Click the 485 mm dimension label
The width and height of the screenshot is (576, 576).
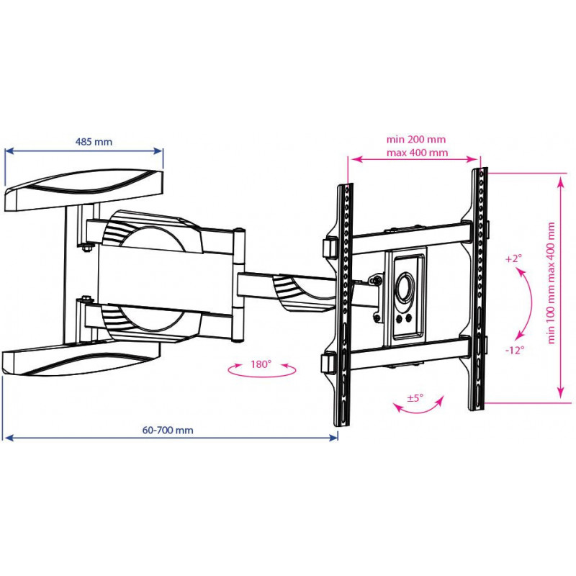click(x=94, y=142)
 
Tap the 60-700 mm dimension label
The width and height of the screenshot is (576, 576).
click(x=168, y=430)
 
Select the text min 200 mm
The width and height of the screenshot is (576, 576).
click(x=416, y=140)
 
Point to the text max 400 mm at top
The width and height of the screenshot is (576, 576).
click(x=418, y=153)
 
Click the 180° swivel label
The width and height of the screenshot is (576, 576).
click(x=261, y=364)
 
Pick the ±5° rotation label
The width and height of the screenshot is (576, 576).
click(x=415, y=398)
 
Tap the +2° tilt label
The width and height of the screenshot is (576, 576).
click(x=513, y=258)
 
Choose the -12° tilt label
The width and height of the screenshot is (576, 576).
click(x=515, y=350)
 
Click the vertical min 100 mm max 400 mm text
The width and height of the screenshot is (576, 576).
click(x=552, y=283)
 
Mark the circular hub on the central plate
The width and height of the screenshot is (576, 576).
click(x=405, y=287)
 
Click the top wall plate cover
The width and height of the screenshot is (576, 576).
click(x=84, y=190)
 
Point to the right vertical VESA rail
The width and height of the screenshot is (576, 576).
click(x=478, y=289)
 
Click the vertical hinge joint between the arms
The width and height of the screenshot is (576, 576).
click(x=239, y=285)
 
